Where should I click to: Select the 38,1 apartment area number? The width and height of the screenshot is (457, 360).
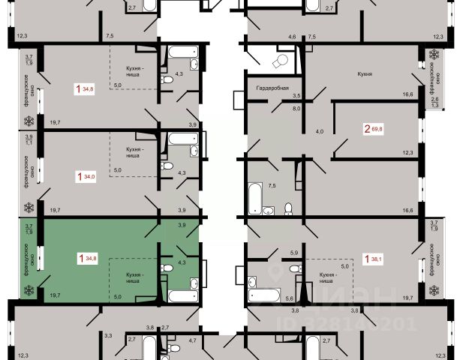tap(375, 259)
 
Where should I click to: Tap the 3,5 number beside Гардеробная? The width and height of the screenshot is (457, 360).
tap(296, 95)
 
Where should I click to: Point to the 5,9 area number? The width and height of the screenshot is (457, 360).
tap(294, 253)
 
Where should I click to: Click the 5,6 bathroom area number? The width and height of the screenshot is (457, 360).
tap(288, 298)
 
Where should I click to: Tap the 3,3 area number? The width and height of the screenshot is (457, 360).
tap(108, 334)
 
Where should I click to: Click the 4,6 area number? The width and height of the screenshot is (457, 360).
tap(293, 35)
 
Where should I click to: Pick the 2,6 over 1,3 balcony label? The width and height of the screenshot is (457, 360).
tap(434, 103)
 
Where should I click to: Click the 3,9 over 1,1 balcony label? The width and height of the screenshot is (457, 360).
tap(29, 139)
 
